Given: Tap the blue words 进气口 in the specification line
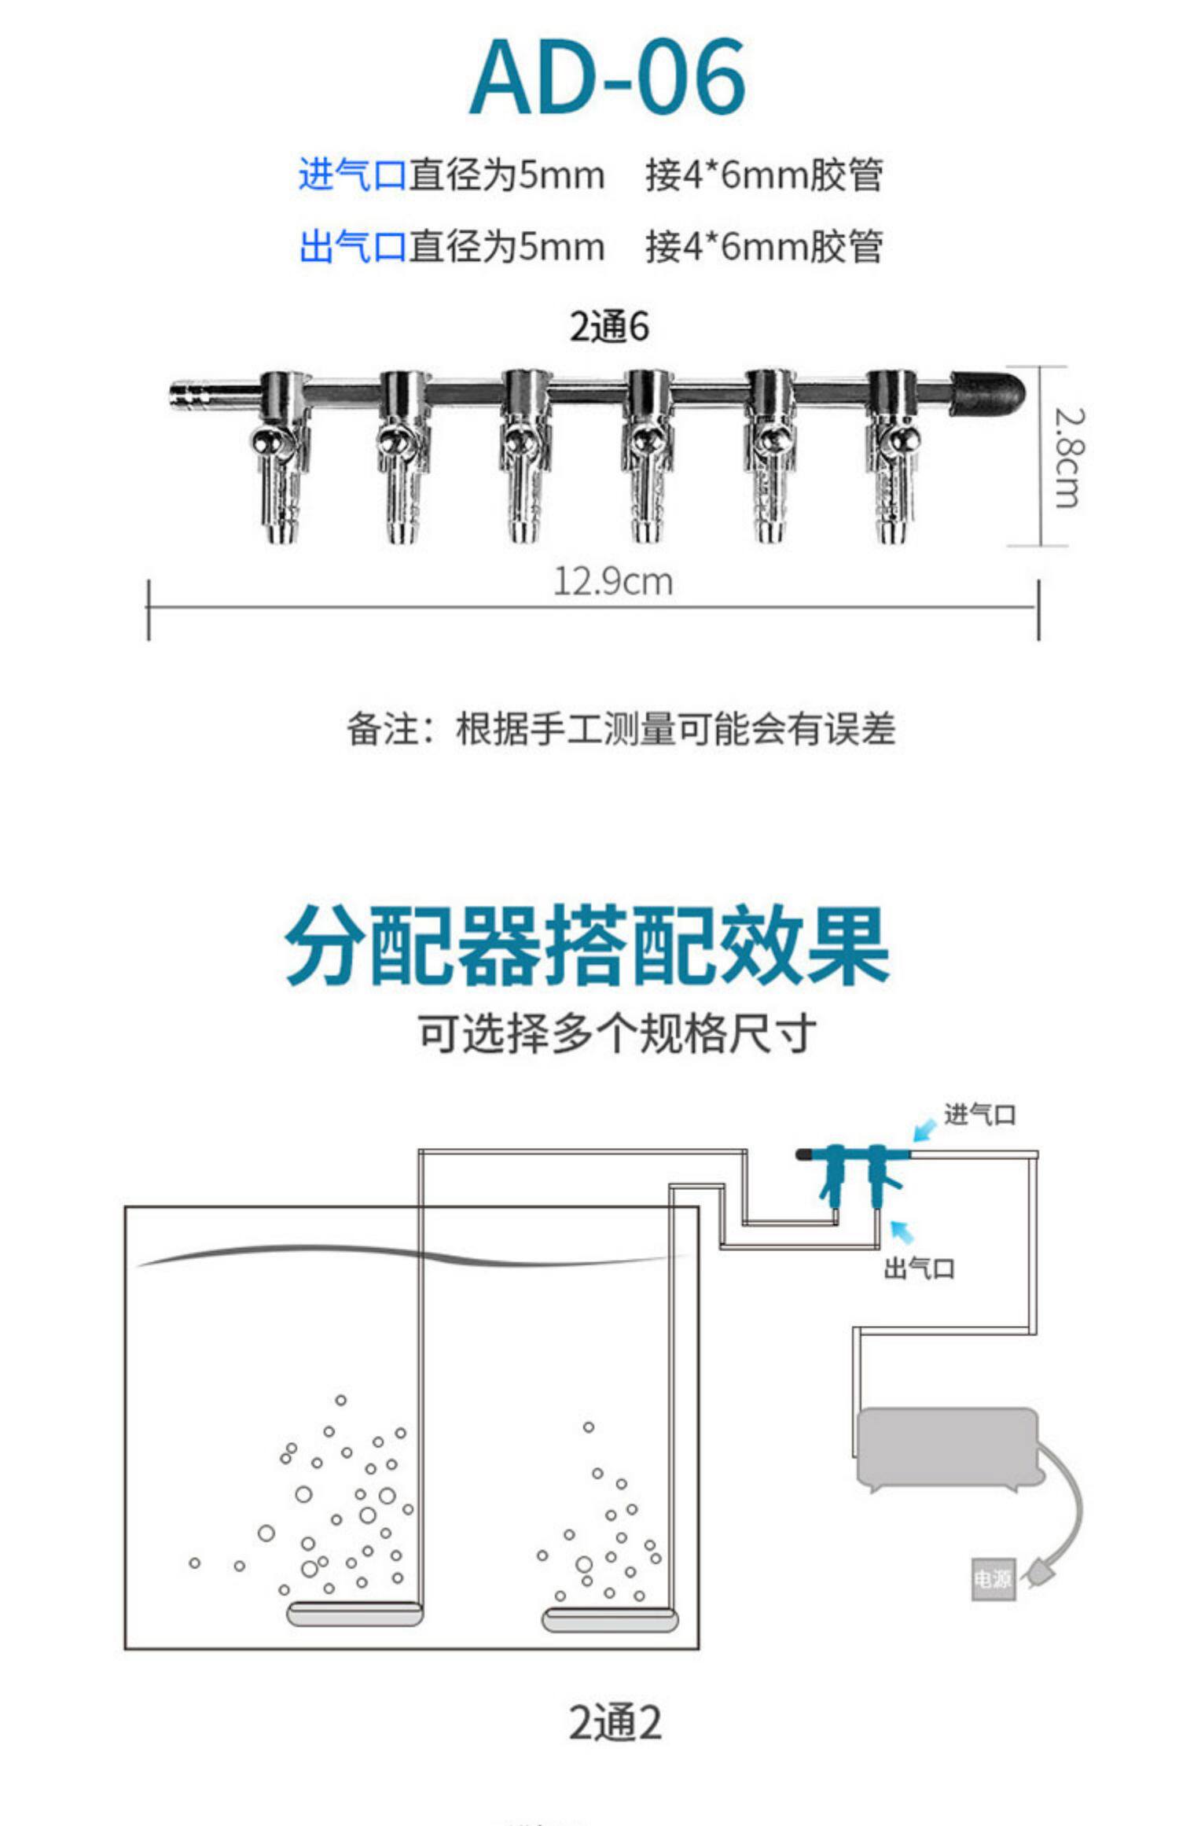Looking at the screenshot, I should click(351, 175).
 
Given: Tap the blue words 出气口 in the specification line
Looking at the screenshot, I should click(351, 247).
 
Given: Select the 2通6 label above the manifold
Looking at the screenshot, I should click(609, 327).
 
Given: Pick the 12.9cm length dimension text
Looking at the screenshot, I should click(613, 582).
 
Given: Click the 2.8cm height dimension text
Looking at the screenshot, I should click(1068, 457).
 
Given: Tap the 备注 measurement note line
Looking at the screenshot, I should click(621, 729).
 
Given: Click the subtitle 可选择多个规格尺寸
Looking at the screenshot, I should click(617, 1034).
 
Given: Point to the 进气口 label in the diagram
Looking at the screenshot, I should click(979, 1114).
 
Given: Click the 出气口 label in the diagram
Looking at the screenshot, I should click(919, 1268).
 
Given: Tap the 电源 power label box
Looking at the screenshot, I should click(993, 1578).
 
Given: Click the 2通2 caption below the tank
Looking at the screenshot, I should click(615, 1723).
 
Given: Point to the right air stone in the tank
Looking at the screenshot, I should click(610, 1620).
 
